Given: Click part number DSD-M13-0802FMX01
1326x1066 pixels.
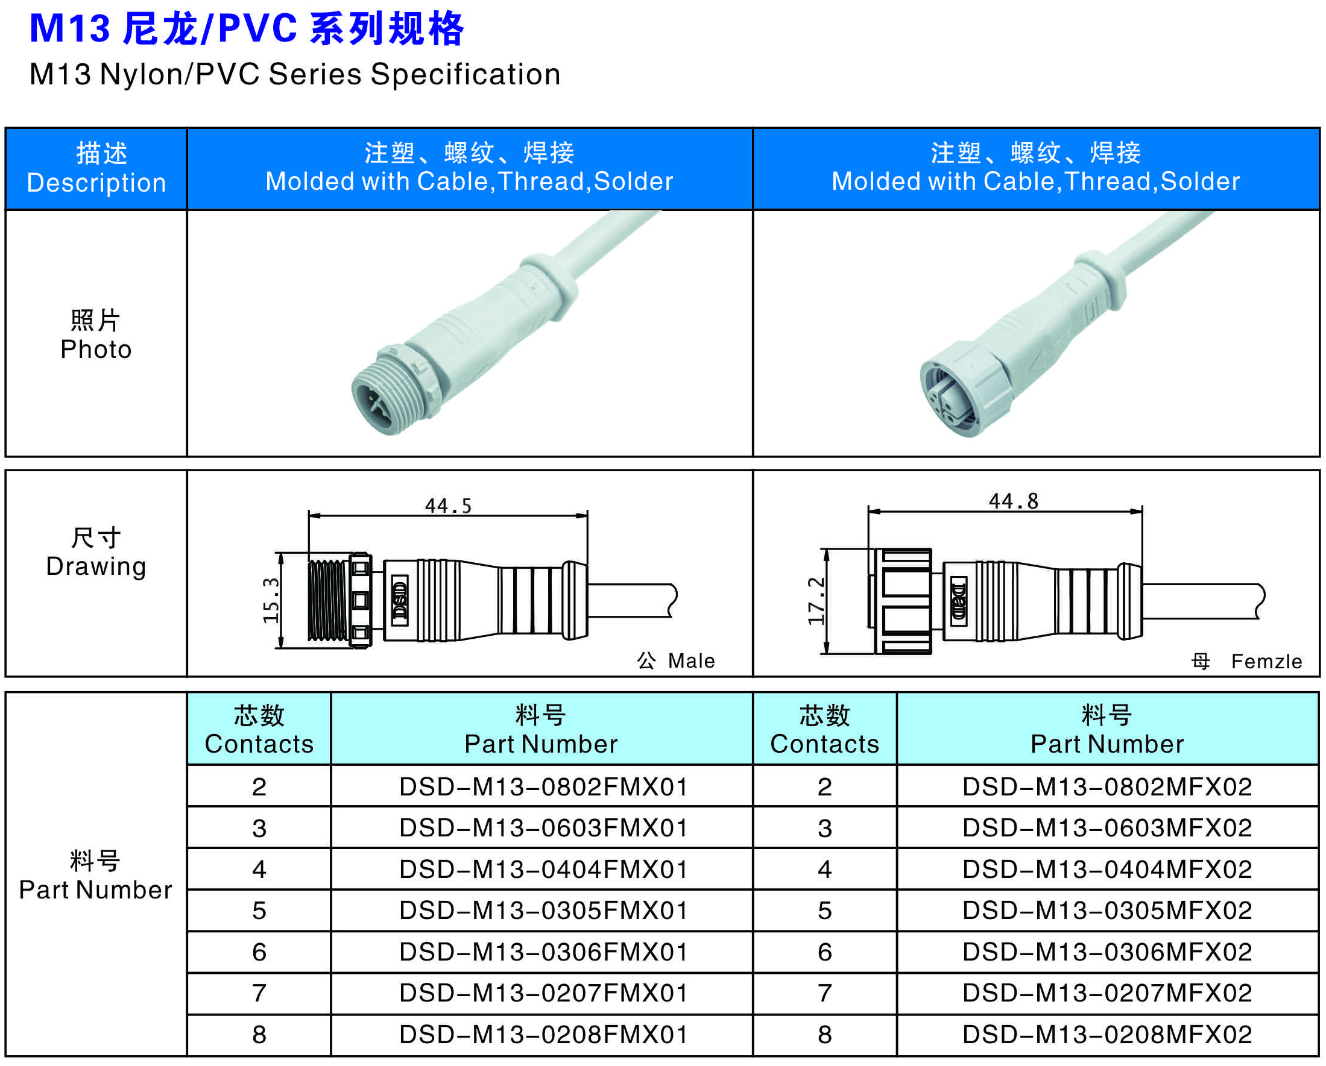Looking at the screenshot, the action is click(x=543, y=787).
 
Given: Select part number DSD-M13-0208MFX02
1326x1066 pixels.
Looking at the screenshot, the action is click(x=1107, y=1035).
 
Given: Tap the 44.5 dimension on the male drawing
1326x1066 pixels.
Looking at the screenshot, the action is click(x=449, y=506).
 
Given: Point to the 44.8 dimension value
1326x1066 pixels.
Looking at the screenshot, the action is click(x=1014, y=501).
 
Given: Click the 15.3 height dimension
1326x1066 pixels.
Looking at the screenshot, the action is click(x=271, y=601).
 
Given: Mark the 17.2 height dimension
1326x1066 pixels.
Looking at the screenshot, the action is click(x=816, y=601).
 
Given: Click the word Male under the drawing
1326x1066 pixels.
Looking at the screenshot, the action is click(x=691, y=661).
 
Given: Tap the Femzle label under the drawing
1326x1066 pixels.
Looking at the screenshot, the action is click(x=1267, y=662).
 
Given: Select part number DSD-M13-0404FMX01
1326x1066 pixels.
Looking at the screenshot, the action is click(x=543, y=870).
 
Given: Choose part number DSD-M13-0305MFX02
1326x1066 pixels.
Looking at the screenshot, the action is click(x=1107, y=911).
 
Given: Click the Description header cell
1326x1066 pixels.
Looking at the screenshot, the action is click(x=96, y=169).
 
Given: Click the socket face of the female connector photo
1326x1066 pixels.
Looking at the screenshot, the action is click(x=951, y=400).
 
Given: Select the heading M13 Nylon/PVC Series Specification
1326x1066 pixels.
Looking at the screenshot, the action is click(x=295, y=74).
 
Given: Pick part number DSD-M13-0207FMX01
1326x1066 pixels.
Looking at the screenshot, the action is click(x=543, y=993).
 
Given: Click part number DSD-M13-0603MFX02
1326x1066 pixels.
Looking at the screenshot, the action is click(x=1107, y=828).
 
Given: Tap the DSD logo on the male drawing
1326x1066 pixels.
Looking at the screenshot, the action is click(x=400, y=601).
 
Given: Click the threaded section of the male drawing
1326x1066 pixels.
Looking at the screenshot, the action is click(x=328, y=601).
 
